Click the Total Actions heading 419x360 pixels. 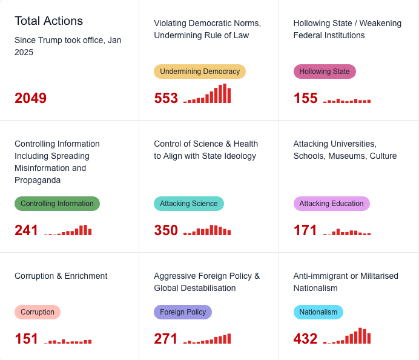48,21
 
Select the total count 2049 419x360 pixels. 30,98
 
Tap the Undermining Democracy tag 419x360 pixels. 200,72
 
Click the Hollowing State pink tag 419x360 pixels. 325,72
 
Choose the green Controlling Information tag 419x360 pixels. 57,204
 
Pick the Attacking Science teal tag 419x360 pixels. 189,204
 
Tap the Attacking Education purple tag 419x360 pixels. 331,204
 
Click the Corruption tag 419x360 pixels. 38,312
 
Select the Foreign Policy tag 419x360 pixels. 183,312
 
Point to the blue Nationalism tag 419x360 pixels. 318,312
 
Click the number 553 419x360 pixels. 166,98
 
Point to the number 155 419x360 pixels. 305,98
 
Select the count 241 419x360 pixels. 26,230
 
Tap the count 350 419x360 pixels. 166,230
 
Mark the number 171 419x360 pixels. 305,230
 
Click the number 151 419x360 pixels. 26,339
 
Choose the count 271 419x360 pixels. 166,339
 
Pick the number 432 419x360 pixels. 305,339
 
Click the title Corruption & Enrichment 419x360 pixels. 61,276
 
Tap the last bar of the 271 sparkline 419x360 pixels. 229,339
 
